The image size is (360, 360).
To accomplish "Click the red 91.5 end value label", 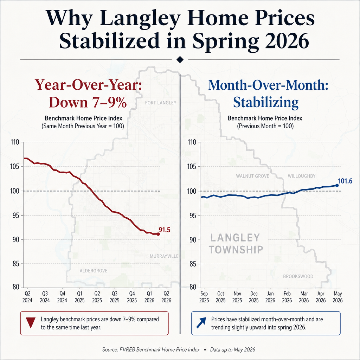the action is (x=165, y=230).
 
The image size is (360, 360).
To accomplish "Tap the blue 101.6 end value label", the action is (x=345, y=181).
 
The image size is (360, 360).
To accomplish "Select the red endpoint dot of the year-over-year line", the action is (x=158, y=234).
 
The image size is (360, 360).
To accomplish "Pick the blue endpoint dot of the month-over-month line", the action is (x=337, y=185).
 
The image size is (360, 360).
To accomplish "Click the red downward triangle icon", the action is (x=31, y=323).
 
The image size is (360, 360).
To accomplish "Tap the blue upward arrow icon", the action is (x=201, y=323).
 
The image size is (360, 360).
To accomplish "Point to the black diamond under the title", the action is (x=180, y=59).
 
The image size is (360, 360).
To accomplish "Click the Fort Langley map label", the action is (x=161, y=103).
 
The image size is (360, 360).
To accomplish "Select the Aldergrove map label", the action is (x=94, y=271).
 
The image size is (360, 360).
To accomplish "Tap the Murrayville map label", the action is (x=164, y=256).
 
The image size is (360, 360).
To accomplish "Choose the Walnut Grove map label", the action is (x=252, y=176).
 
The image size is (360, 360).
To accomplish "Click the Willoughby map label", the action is (x=302, y=176).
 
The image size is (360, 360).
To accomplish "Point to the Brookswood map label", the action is (x=298, y=276).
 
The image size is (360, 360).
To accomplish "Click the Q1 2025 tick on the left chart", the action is (x=79, y=297).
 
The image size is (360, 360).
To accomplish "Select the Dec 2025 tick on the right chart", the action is (x=254, y=297).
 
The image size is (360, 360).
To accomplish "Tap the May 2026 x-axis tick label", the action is (x=337, y=297).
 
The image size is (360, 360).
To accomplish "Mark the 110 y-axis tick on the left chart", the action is (x=15, y=142).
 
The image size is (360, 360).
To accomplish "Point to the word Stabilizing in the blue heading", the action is (x=266, y=102).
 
